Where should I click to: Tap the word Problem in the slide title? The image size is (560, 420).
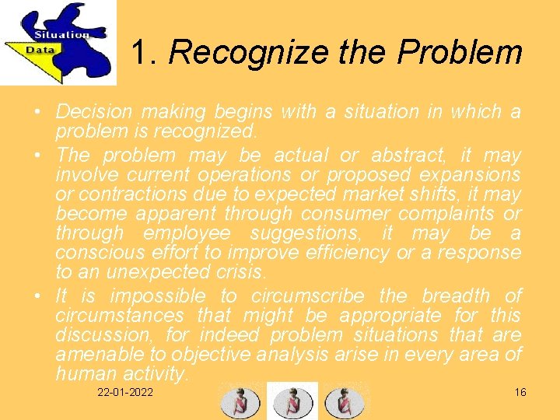pyautogui.click(x=459, y=53)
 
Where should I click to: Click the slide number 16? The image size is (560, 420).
pyautogui.click(x=520, y=392)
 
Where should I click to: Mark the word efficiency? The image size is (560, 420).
pyautogui.click(x=347, y=253)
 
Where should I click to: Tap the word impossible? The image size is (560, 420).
pyautogui.click(x=157, y=296)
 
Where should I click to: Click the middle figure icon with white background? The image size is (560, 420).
pyautogui.click(x=292, y=401)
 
